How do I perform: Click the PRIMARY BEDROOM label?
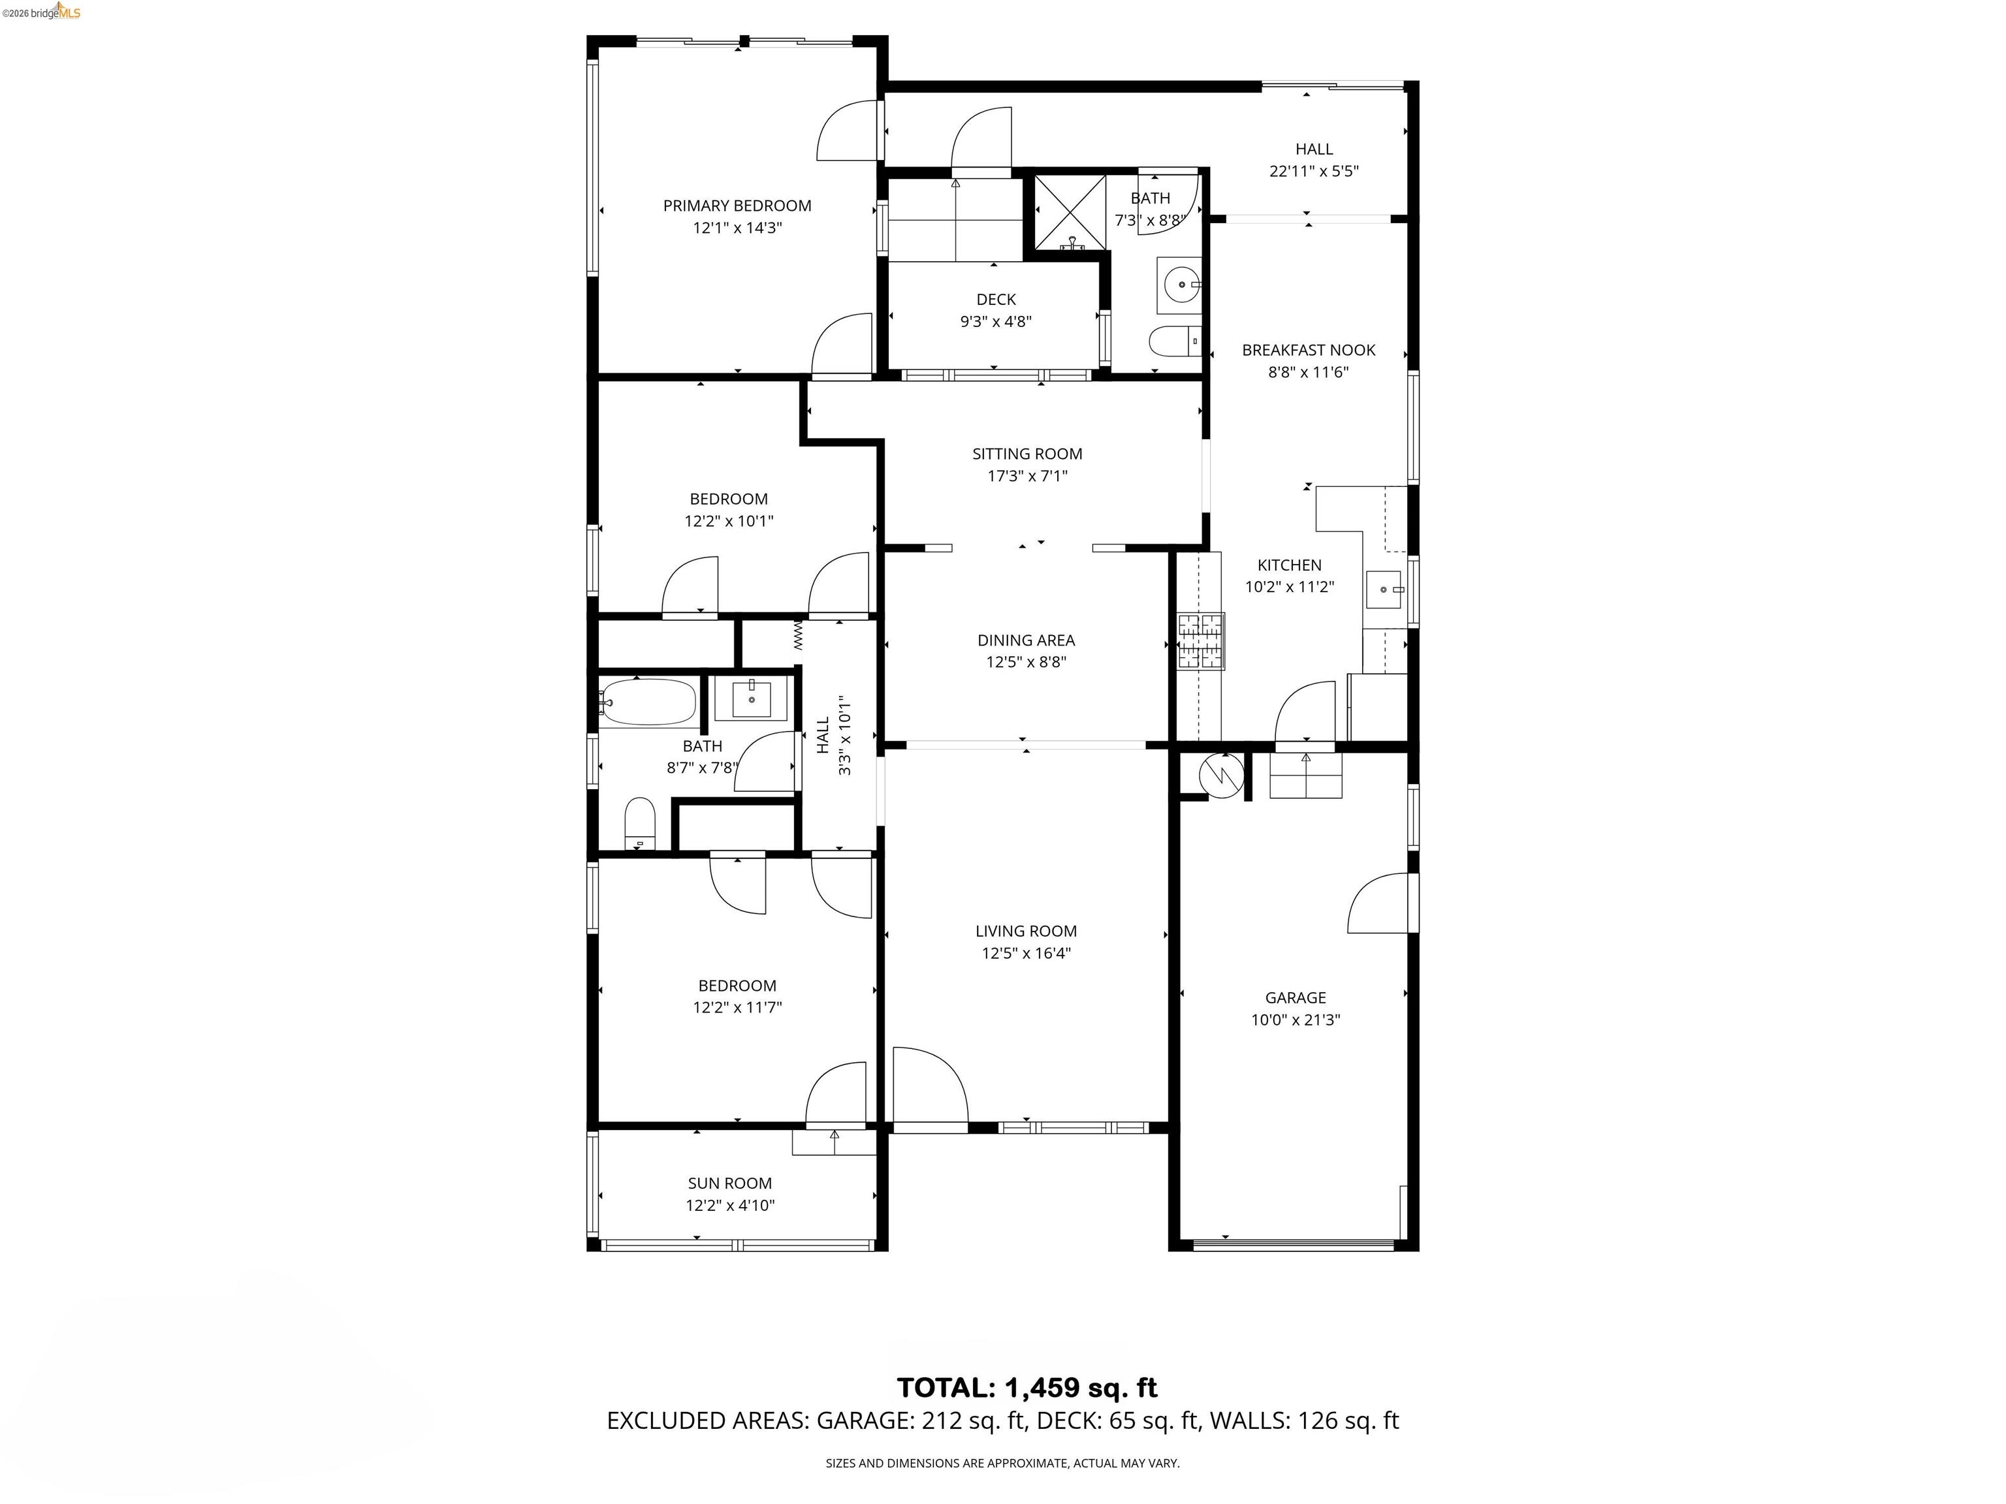(737, 206)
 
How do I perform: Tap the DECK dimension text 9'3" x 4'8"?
(996, 321)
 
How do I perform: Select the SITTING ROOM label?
(1027, 453)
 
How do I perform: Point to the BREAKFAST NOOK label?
(1308, 350)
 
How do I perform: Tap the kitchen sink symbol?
(1385, 589)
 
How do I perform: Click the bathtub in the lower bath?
(648, 702)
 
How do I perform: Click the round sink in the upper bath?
(1180, 285)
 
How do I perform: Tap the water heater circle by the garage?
(1220, 776)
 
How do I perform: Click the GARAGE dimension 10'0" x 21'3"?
(1295, 1020)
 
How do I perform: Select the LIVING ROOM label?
(1026, 931)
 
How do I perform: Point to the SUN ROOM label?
(729, 1183)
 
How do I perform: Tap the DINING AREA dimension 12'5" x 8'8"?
(1026, 662)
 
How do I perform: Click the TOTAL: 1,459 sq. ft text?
(1027, 1387)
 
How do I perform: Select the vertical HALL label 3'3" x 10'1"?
(833, 735)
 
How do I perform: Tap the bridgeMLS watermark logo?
(42, 12)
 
